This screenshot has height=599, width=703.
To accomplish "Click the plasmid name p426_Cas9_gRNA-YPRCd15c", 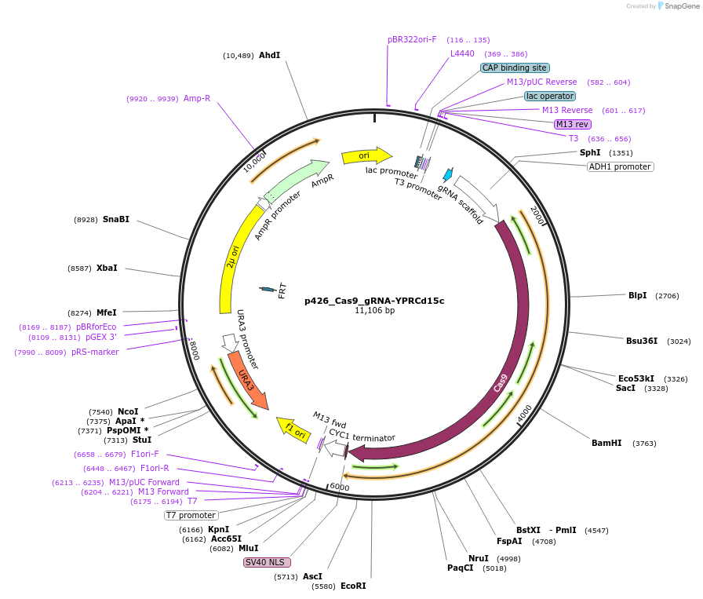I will (374, 300).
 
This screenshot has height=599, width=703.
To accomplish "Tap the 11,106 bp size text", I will (374, 311).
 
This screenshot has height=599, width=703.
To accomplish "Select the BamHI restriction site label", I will (606, 444).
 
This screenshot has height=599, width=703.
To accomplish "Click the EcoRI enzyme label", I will (353, 586).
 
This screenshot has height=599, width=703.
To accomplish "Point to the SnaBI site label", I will (115, 220).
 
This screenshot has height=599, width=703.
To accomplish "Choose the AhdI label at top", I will (269, 55).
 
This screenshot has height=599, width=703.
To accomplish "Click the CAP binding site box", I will (514, 68).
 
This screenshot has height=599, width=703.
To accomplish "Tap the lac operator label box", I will (550, 96).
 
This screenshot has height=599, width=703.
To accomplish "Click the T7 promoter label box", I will (191, 515).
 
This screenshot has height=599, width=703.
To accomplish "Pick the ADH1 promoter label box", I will (621, 166).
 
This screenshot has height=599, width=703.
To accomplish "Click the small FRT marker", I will (268, 290).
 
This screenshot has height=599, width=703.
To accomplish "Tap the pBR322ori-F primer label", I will (412, 39).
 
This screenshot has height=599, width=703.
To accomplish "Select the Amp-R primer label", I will (197, 99).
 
